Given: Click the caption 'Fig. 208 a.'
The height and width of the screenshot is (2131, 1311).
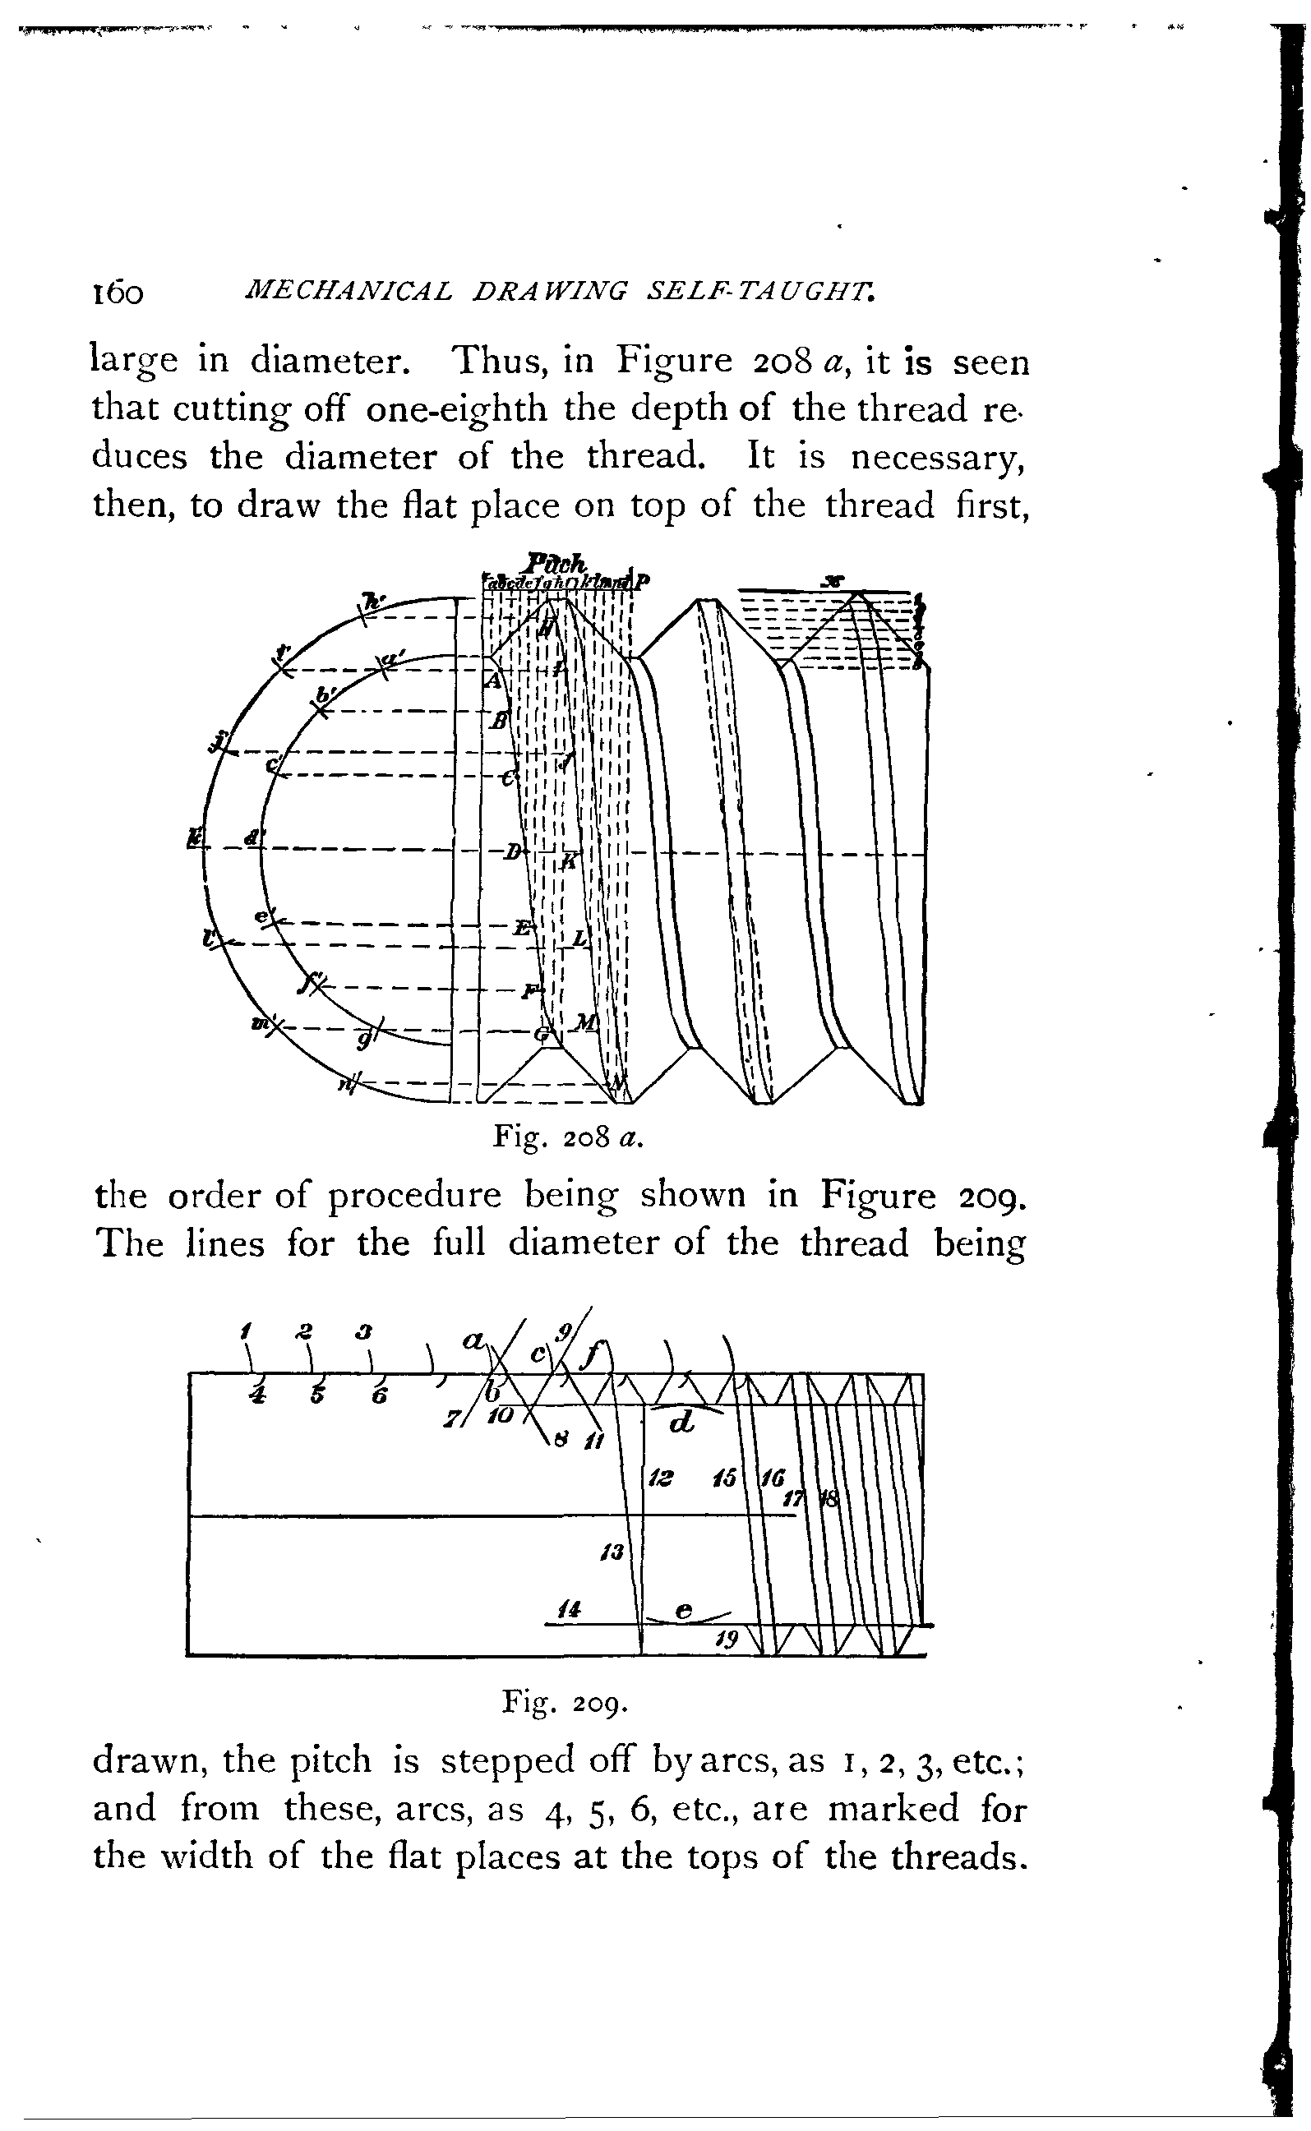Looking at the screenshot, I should (567, 1137).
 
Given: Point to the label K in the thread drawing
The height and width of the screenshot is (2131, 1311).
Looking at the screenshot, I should (569, 859).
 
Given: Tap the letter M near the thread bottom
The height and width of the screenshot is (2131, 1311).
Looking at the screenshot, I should (587, 1023).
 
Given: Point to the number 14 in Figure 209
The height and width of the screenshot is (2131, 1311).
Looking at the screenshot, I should (569, 1611).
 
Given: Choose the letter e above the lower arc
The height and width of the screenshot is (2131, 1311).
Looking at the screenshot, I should (683, 1610).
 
